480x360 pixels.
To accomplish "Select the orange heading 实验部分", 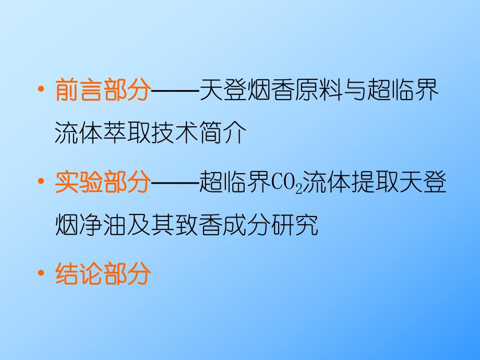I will point(102,184).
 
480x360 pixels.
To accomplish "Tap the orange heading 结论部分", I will point(102,273).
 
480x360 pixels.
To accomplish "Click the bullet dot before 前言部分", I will point(40,92).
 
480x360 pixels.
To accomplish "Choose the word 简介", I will point(222,134).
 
